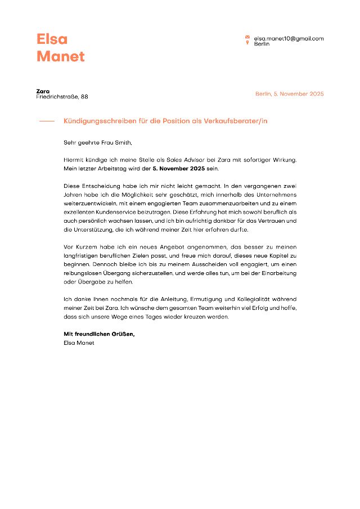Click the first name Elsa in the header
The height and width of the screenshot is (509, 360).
point(52,39)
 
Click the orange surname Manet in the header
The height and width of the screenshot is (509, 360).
point(61,56)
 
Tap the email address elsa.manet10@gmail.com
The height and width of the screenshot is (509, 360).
point(289,38)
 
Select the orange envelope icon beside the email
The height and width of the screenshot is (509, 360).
point(247,38)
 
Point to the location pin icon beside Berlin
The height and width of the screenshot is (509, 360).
point(247,43)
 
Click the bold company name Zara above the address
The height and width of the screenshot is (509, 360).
point(43,91)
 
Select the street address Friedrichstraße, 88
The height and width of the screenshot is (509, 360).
point(62,97)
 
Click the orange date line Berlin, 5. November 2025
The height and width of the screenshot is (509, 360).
point(289,94)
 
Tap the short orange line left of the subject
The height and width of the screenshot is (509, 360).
point(47,121)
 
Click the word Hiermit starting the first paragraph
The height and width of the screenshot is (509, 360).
point(74,160)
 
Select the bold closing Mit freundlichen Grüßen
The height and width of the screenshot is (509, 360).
point(99,334)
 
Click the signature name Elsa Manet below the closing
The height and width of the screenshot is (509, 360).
point(79,342)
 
